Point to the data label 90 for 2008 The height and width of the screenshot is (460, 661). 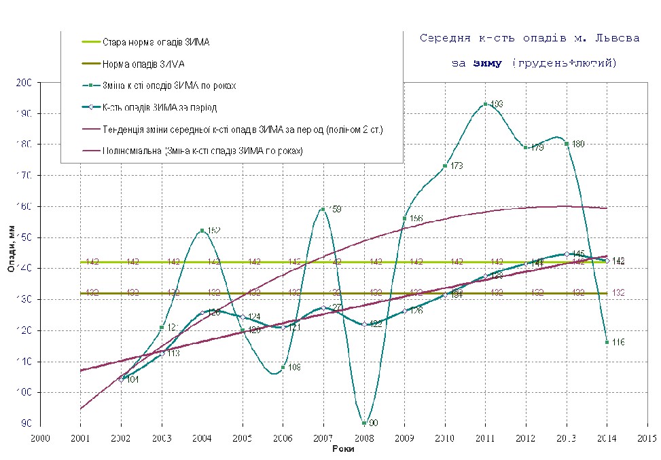(373, 423)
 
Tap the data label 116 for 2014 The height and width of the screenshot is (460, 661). (618, 342)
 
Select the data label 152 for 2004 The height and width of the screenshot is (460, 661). (213, 231)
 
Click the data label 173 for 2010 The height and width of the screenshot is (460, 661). (457, 166)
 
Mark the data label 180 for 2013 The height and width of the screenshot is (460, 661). (578, 144)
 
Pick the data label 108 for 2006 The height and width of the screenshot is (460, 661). (294, 368)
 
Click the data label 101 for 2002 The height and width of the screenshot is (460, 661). (132, 379)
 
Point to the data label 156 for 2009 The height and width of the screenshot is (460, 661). (416, 218)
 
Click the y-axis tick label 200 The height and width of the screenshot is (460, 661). (24, 83)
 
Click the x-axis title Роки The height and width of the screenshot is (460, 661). (344, 449)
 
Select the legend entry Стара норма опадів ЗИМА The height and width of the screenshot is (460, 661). (156, 42)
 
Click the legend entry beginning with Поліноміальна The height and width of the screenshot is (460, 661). (202, 151)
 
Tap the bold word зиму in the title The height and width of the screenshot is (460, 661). (487, 63)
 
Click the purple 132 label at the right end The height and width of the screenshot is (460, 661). (618, 292)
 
